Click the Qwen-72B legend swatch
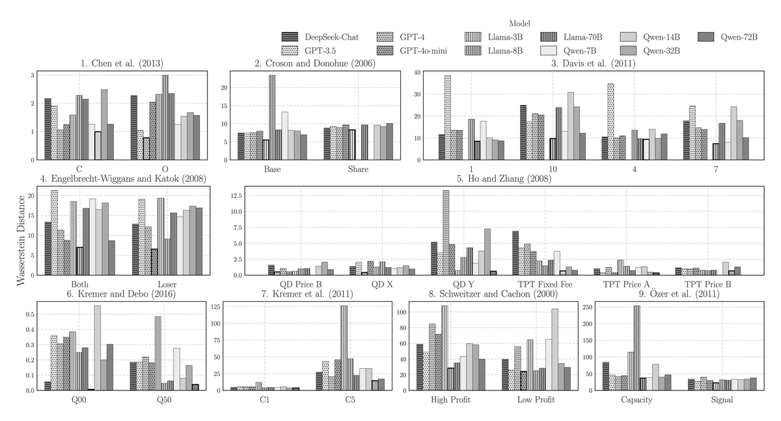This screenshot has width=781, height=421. (706, 36)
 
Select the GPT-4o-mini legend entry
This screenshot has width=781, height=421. (412, 51)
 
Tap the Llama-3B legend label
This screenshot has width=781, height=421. (505, 37)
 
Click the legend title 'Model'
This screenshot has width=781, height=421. (519, 23)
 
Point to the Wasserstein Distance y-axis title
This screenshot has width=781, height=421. (21, 240)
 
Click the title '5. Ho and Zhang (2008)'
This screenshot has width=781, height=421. (504, 179)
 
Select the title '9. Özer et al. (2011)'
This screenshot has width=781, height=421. (679, 294)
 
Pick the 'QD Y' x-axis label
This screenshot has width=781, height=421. (463, 285)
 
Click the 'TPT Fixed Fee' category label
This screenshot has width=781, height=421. (545, 285)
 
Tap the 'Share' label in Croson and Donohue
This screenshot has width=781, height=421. (358, 169)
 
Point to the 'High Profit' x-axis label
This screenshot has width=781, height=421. (450, 399)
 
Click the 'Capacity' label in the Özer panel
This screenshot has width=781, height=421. (637, 400)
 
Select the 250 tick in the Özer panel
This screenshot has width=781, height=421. (587, 307)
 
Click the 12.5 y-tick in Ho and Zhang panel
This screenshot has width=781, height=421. (236, 196)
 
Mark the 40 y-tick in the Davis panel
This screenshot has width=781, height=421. (417, 72)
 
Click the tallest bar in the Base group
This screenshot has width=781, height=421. (272, 118)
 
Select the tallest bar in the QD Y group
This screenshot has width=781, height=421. (446, 233)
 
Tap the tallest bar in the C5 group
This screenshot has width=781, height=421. (344, 348)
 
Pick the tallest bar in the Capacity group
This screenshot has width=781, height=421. (637, 348)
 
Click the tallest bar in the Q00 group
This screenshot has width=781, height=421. (97, 348)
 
